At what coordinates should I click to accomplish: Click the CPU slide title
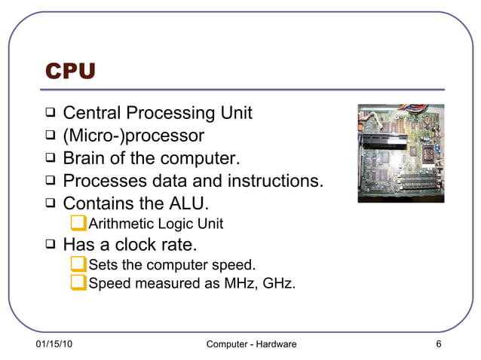70,72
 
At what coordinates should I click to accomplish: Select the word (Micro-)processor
133,136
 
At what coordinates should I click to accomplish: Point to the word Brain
85,159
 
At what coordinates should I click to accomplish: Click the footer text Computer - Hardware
251,344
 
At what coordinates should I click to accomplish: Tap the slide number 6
438,344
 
